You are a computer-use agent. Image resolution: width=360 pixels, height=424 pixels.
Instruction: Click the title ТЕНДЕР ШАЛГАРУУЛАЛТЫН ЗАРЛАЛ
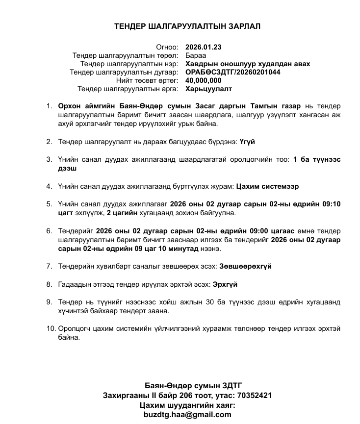(x=187, y=26)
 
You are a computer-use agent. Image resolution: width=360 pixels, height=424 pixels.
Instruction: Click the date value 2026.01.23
(x=204, y=48)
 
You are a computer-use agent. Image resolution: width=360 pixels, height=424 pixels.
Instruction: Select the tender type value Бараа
(x=195, y=56)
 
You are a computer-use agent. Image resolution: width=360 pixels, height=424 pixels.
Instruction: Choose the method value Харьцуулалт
(x=209, y=89)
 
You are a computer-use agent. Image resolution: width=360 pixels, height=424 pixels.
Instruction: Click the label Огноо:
(x=167, y=48)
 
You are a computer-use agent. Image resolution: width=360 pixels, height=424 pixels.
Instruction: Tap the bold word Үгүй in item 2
(x=247, y=142)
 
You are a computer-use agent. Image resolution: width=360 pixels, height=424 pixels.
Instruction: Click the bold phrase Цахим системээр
(x=267, y=186)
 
